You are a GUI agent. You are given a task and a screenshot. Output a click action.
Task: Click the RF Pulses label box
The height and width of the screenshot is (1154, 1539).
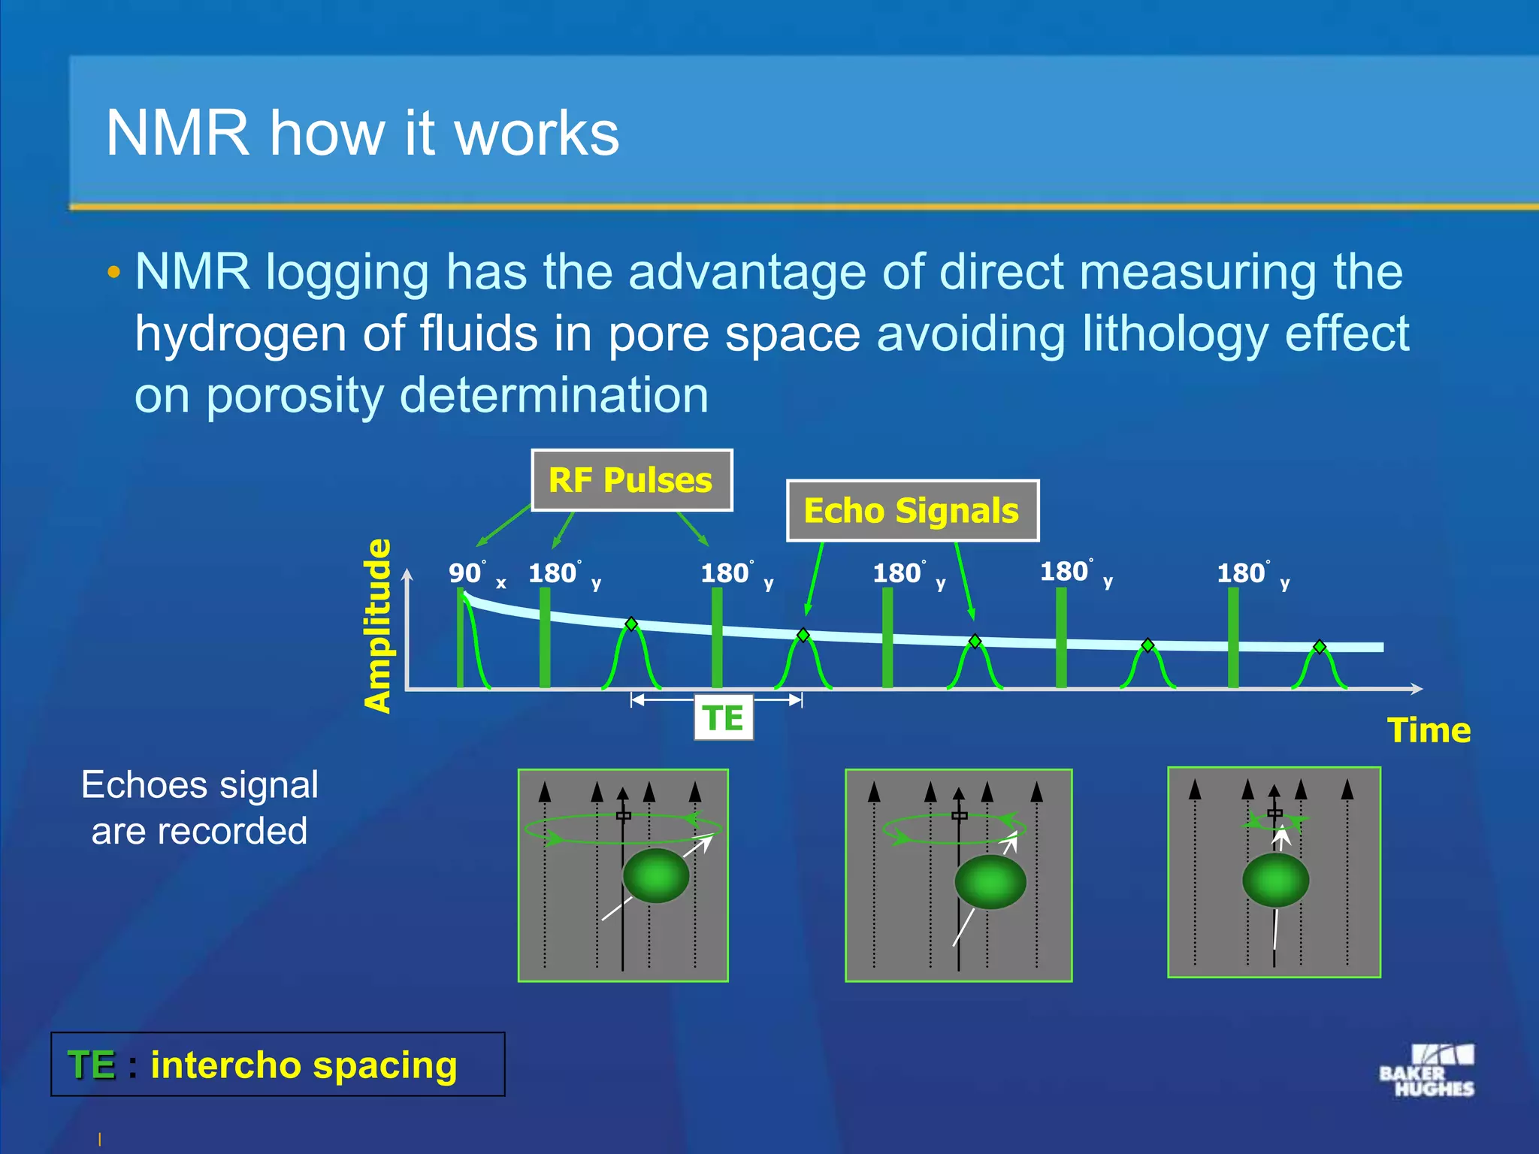[631, 480]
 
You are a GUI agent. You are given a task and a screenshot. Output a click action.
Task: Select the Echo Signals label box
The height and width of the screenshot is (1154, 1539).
[912, 510]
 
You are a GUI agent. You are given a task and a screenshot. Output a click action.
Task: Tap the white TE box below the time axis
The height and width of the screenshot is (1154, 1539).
[723, 718]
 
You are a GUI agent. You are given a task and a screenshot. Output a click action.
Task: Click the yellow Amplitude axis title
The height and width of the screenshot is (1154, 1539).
[378, 625]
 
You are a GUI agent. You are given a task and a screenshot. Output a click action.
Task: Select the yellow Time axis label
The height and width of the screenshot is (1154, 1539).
[1429, 730]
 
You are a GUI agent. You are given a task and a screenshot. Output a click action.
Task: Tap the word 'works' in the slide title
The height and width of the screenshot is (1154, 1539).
[537, 134]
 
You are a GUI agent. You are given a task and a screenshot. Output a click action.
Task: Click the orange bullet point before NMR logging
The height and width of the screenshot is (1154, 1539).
[113, 272]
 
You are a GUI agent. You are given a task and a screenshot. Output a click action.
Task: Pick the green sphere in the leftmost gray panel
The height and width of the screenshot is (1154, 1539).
[656, 875]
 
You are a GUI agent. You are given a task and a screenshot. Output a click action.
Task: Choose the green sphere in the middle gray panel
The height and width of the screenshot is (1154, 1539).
[990, 882]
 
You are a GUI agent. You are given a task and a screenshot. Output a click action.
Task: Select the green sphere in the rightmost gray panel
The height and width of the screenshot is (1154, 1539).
[1275, 880]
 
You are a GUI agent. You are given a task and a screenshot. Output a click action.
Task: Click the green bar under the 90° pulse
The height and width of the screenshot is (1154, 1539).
[461, 639]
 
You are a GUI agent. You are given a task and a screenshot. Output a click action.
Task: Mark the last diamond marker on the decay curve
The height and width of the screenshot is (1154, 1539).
[1320, 647]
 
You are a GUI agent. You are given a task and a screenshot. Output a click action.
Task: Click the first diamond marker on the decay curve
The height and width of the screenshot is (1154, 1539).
[631, 624]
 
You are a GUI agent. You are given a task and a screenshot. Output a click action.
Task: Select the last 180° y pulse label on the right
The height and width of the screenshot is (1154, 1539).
[1252, 575]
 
